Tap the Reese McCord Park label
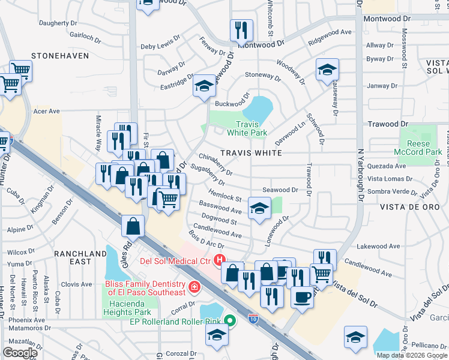[x=418, y=148]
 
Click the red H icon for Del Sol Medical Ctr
[x=220, y=260]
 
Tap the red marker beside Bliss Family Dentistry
[x=193, y=287]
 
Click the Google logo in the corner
[x=19, y=352]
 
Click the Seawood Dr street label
[x=284, y=190]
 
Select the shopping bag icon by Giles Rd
[x=133, y=226]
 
